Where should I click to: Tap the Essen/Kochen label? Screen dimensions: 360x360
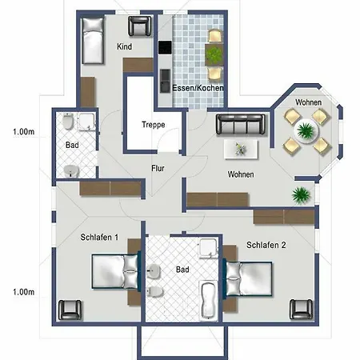(198, 87)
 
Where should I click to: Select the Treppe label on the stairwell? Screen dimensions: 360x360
(153, 126)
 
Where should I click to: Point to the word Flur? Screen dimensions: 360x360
(158, 168)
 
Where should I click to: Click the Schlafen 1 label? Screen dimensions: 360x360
(99, 238)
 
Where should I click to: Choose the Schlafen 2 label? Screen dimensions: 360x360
(266, 245)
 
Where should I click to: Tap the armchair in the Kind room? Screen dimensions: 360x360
(142, 27)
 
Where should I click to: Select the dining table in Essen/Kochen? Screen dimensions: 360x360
(214, 54)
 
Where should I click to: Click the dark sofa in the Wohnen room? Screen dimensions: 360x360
(239, 124)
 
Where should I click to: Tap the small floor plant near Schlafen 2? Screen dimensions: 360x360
(301, 194)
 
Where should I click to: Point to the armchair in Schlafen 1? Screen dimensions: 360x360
(73, 308)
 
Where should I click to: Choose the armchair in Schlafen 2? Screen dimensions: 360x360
(301, 308)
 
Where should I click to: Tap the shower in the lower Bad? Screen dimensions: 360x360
(209, 250)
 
